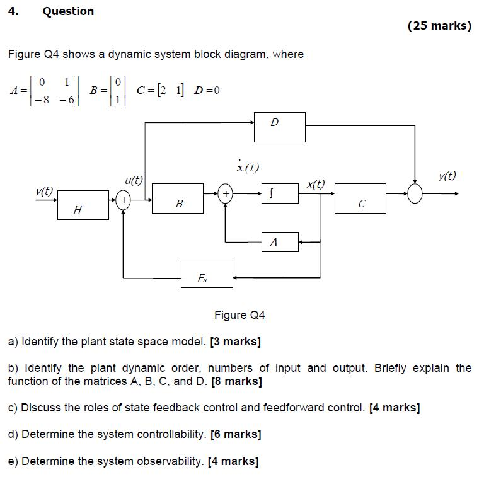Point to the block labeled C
[x=360, y=198]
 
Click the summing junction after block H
[x=124, y=200]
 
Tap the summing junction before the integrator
[x=225, y=193]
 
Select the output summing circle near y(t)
[x=415, y=193]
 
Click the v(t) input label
[x=45, y=190]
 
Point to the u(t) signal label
[x=134, y=180]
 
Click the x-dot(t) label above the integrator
[x=248, y=167]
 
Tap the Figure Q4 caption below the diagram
[x=239, y=314]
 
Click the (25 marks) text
[x=439, y=26]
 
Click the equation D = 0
[x=207, y=90]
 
